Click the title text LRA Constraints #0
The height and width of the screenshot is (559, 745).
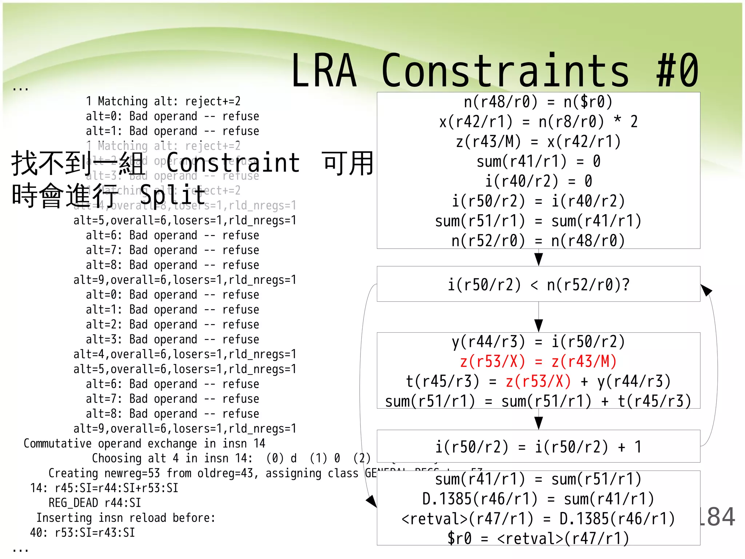pyautogui.click(x=495, y=71)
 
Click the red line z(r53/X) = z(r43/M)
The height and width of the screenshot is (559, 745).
pyautogui.click(x=538, y=362)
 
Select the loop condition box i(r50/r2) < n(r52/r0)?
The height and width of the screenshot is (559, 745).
pyautogui.click(x=538, y=285)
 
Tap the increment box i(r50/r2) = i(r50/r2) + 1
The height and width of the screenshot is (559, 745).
pyautogui.click(x=538, y=447)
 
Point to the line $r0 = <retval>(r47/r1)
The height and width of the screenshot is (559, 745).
pyautogui.click(x=538, y=538)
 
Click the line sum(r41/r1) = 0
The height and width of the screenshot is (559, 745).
pyautogui.click(x=538, y=162)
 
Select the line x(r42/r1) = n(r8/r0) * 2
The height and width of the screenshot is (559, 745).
pyautogui.click(x=538, y=122)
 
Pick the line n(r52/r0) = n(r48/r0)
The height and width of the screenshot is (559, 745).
pyautogui.click(x=538, y=241)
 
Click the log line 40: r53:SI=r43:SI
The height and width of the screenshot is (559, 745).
pyautogui.click(x=83, y=533)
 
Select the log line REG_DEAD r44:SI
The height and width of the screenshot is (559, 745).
pyautogui.click(x=95, y=503)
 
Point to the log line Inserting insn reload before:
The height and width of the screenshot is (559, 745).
pyautogui.click(x=126, y=518)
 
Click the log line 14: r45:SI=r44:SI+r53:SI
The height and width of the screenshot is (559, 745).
pyautogui.click(x=104, y=488)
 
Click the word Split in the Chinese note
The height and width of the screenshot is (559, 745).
pyautogui.click(x=173, y=195)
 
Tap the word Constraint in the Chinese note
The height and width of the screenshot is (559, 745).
pyautogui.click(x=233, y=163)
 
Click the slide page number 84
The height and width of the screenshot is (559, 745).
pyautogui.click(x=718, y=517)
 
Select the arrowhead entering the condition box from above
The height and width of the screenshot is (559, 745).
pyautogui.click(x=539, y=259)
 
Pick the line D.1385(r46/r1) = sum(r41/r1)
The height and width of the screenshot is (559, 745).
pyautogui.click(x=538, y=499)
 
